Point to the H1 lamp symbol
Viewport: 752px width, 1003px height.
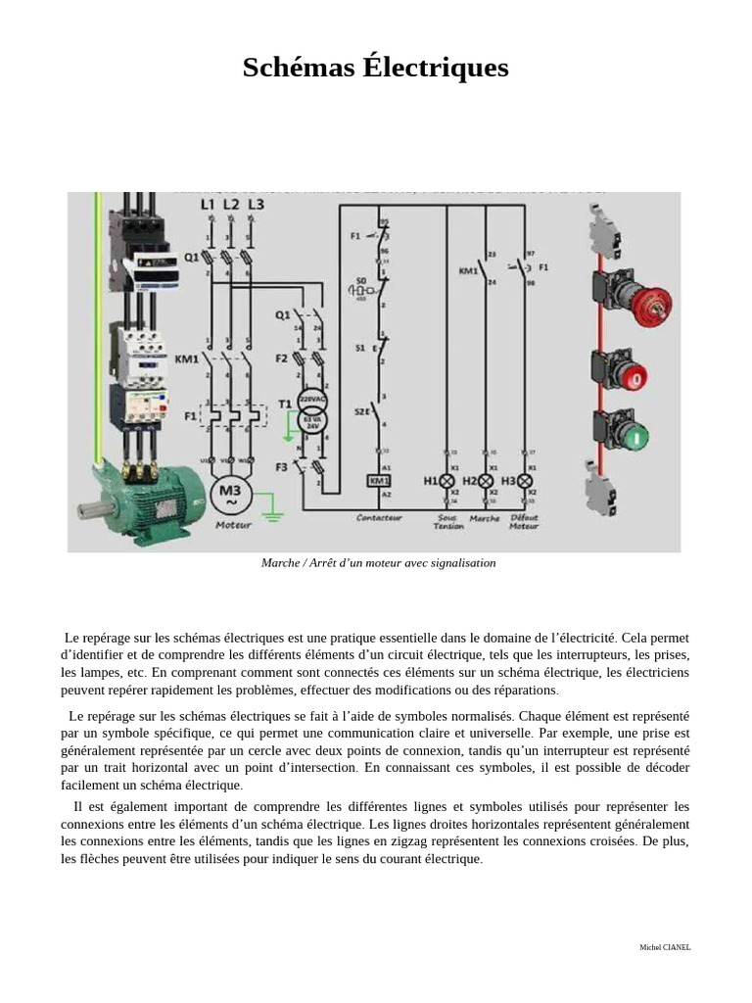[x=446, y=481]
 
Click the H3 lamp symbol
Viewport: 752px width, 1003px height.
[x=525, y=481]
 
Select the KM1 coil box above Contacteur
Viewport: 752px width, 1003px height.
[x=378, y=481]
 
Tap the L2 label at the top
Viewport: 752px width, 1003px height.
[x=231, y=204]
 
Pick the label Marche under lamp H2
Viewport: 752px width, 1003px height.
[x=485, y=518]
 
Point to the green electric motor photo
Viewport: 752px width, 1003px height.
[x=142, y=500]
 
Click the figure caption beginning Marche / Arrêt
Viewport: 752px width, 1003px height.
[x=378, y=563]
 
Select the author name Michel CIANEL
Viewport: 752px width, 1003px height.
[x=665, y=947]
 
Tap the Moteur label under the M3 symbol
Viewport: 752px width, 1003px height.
[x=232, y=525]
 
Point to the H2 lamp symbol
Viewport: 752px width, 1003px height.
[x=486, y=481]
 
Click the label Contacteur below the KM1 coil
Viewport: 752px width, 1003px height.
[x=379, y=517]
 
